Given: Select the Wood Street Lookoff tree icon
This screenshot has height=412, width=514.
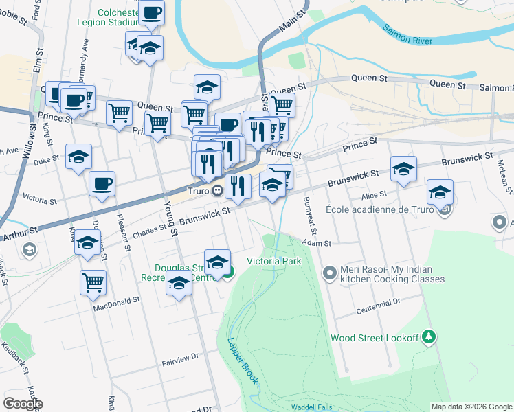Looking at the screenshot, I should [429, 336].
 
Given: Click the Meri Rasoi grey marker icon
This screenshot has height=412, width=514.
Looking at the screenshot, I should [329, 273].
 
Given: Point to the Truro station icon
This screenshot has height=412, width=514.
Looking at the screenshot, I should [216, 191].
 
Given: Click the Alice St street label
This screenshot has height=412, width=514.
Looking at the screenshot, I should [375, 196].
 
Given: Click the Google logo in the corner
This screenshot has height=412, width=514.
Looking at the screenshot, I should [23, 403].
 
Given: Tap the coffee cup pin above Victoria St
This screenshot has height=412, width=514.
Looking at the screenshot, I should [102, 184].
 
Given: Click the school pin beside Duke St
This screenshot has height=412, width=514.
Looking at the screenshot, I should [78, 157].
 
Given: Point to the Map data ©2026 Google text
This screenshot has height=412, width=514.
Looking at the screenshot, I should [470, 407].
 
